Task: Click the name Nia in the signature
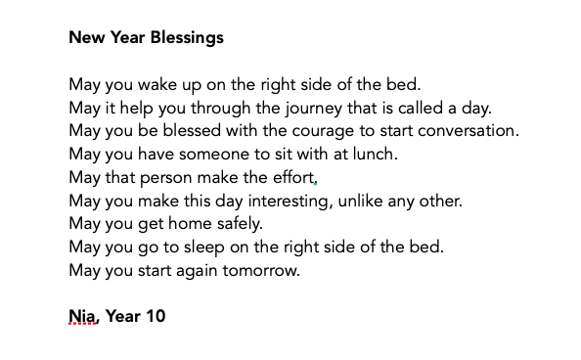(83, 317)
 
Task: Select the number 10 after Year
(154, 317)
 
